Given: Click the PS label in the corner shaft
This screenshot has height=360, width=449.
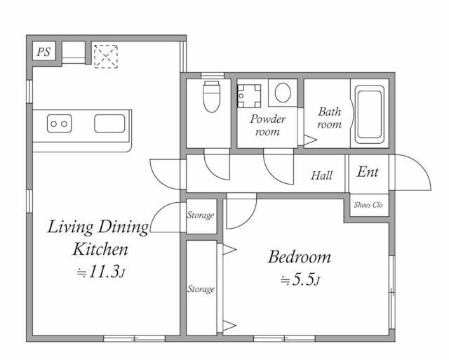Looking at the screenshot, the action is tap(43, 52).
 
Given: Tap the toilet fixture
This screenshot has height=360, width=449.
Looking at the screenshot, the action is tap(212, 97).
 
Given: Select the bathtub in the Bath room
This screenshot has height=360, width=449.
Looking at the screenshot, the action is tap(370, 114).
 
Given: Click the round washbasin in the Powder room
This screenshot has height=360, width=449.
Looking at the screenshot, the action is tap(283, 93).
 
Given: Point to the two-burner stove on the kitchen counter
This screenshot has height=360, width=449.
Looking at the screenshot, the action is tap(59, 124).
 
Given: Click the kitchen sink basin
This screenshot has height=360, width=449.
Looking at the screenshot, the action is tap(109, 124).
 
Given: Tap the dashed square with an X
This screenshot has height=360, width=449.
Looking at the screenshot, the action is tap(106, 56).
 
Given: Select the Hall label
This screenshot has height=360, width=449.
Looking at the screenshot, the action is tap(321, 175).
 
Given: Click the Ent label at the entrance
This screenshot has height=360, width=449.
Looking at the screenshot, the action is tap(368, 172).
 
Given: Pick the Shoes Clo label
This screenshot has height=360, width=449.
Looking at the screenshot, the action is tap(368, 205).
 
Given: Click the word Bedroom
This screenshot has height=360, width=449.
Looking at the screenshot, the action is tap(300, 257).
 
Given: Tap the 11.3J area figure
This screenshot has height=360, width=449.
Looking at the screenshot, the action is tap(101, 272).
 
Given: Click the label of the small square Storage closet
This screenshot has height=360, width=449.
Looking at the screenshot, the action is tap(201, 215).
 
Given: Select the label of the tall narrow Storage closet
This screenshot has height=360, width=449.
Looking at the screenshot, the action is tap(201, 289).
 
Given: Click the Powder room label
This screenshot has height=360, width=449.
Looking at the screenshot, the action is tap(268, 125).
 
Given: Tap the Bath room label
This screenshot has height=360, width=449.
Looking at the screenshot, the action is tap(330, 118).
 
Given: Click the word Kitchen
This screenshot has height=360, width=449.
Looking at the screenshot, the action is tap(100, 249).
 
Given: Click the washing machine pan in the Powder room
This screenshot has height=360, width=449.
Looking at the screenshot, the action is tap(250, 96).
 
